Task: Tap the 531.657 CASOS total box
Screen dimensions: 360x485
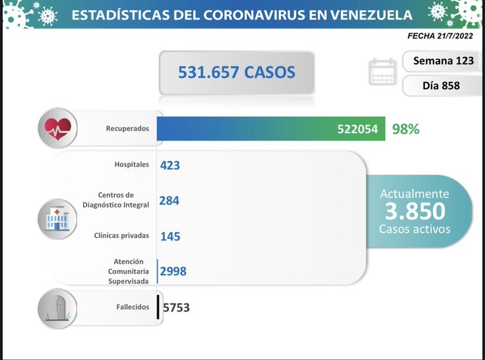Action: tap(236, 72)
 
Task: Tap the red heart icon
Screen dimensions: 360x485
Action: tap(58, 128)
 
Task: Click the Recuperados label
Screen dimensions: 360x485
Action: tap(128, 129)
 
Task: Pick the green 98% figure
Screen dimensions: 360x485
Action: tap(406, 129)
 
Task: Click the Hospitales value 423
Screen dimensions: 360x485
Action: tap(170, 165)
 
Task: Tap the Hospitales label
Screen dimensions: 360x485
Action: tap(132, 165)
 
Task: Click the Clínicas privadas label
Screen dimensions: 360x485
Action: tap(122, 235)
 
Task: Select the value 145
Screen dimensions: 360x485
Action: tap(170, 235)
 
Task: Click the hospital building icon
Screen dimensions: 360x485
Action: tap(58, 217)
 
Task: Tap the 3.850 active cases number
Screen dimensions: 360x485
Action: tap(414, 211)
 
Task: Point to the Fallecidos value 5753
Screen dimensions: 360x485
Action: tap(176, 307)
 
